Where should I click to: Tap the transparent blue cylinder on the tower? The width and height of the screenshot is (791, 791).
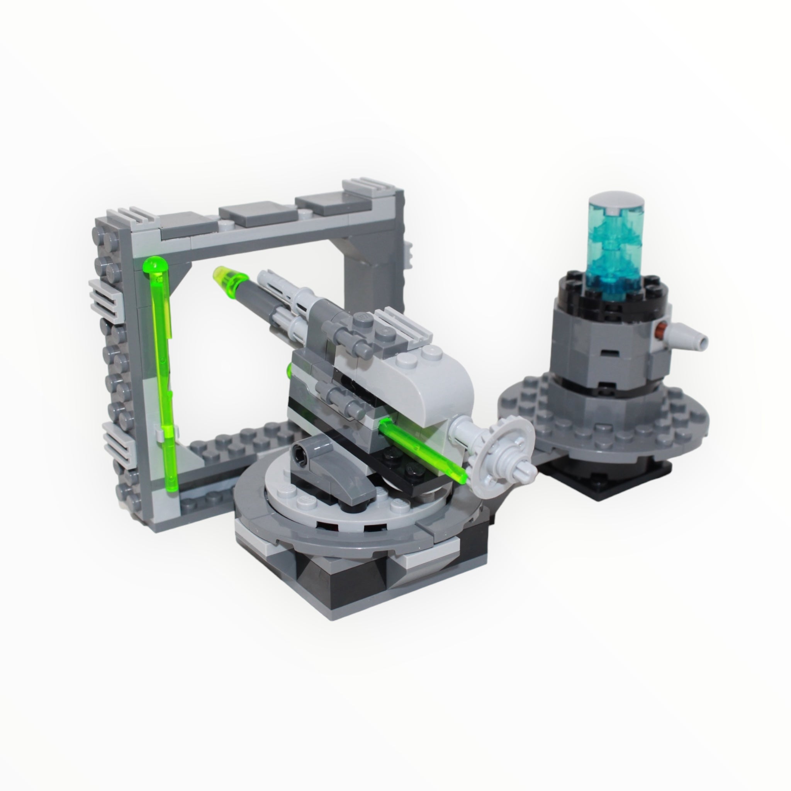(609, 250)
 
